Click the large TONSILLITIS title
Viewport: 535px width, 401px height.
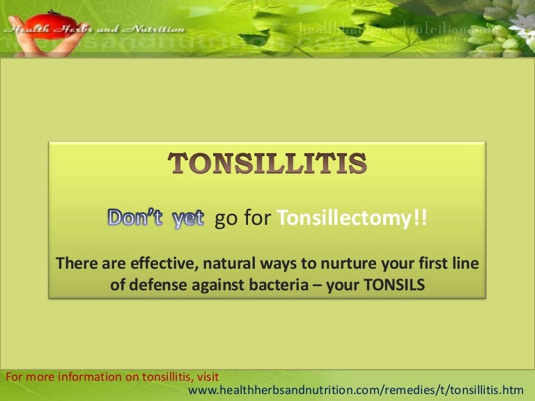268,164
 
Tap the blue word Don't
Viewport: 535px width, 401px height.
135,218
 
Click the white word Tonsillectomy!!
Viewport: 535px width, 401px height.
353,219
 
